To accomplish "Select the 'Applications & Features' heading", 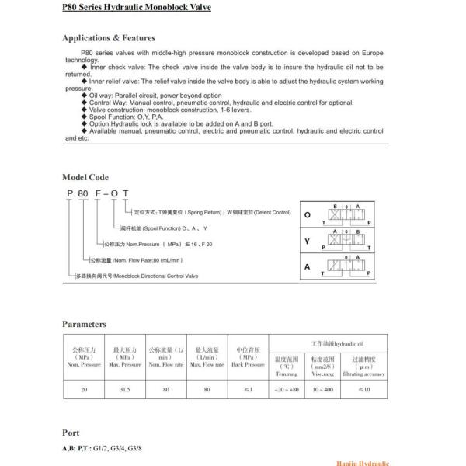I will pyautogui.click(x=108, y=37).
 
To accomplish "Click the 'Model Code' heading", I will pyautogui.click(x=85, y=178).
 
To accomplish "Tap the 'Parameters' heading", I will pyautogui.click(x=84, y=324).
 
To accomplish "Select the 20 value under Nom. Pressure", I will pyautogui.click(x=83, y=389).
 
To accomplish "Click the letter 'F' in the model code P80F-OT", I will pyautogui.click(x=96, y=195).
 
